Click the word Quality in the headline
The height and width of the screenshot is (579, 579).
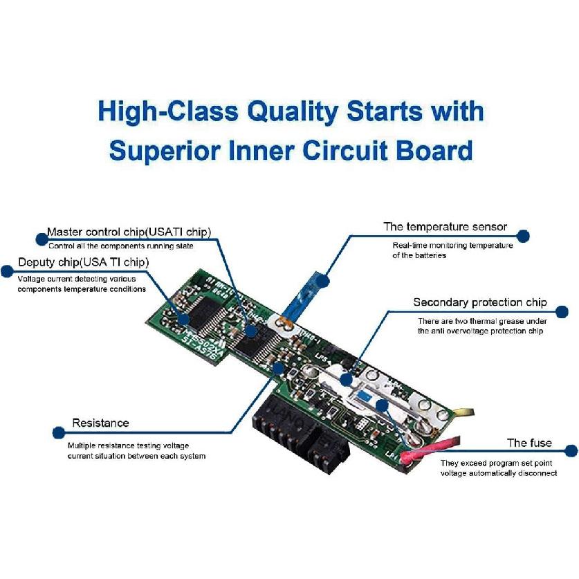[x=293, y=112]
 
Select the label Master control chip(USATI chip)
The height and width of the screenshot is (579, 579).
[x=129, y=232]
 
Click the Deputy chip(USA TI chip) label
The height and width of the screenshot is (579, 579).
[x=84, y=262]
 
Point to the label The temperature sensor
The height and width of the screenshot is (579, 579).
[x=445, y=227]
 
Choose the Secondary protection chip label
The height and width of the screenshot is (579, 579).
[x=480, y=302]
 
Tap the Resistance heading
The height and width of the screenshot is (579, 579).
[x=100, y=423]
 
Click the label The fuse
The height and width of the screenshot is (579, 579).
[x=529, y=443]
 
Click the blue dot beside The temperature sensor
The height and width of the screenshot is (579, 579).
[x=523, y=236]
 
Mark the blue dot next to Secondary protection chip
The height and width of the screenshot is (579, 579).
[x=562, y=312]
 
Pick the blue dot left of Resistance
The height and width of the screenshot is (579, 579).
[x=59, y=433]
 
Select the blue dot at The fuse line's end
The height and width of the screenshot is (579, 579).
[x=571, y=450]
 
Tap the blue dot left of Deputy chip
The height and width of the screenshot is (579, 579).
[x=7, y=271]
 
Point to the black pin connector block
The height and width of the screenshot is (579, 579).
[x=299, y=432]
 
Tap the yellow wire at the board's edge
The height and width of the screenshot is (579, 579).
[x=463, y=412]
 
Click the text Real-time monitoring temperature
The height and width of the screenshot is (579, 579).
[x=452, y=246]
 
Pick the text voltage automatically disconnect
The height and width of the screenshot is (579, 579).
[x=499, y=473]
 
